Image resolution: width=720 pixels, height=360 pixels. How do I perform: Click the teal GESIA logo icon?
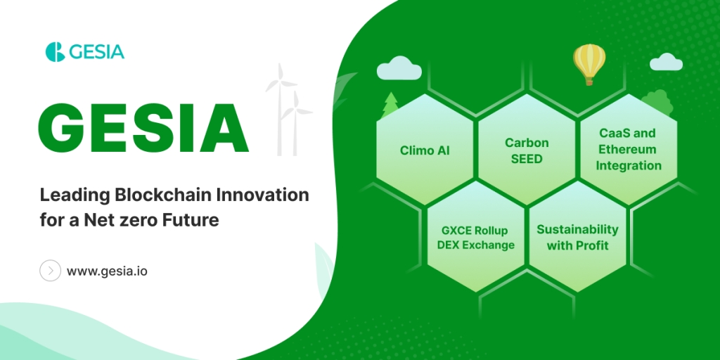pos(55,51)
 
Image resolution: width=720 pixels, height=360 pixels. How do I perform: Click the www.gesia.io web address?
pos(107,271)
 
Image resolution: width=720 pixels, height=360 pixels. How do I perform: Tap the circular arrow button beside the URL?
pos(50,271)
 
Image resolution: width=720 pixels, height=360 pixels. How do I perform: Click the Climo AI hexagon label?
pos(425,150)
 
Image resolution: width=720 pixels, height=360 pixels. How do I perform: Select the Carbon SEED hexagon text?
pos(527,150)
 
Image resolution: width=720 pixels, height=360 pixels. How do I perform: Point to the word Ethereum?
pos(628,149)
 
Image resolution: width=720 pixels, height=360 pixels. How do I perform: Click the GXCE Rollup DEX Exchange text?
pos(476,238)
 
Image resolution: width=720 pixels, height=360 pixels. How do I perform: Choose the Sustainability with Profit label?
pos(578,237)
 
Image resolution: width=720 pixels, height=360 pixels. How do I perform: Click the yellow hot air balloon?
pos(589,64)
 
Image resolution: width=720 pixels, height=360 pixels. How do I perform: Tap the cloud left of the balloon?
pos(399,67)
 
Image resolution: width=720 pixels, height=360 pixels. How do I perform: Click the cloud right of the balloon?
pos(666,62)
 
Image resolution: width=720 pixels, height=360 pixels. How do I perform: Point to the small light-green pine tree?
pos(390,105)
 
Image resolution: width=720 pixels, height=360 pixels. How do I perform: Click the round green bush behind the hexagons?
pos(657,101)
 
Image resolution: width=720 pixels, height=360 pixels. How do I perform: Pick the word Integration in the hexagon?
pos(629,165)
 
